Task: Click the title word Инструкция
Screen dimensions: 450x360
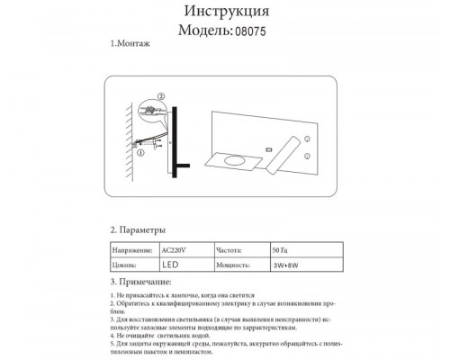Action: coord(225,11)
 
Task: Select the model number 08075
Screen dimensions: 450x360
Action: coord(247,30)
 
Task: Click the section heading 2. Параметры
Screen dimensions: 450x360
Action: coord(137,231)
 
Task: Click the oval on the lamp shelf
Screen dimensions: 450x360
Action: coord(238,161)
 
